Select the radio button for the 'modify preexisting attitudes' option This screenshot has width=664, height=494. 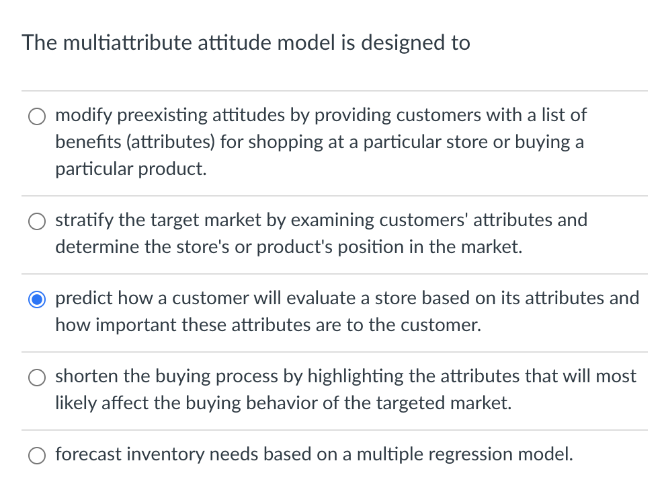coord(36,116)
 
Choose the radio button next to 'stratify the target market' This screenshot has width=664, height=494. coord(36,221)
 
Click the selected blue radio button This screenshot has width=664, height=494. coord(36,299)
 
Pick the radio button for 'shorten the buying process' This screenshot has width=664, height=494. coord(36,377)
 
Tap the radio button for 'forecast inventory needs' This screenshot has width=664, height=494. coord(36,455)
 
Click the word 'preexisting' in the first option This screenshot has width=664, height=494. coord(163,115)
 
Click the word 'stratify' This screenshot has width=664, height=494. coord(79,220)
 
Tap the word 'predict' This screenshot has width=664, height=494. coord(81,298)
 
